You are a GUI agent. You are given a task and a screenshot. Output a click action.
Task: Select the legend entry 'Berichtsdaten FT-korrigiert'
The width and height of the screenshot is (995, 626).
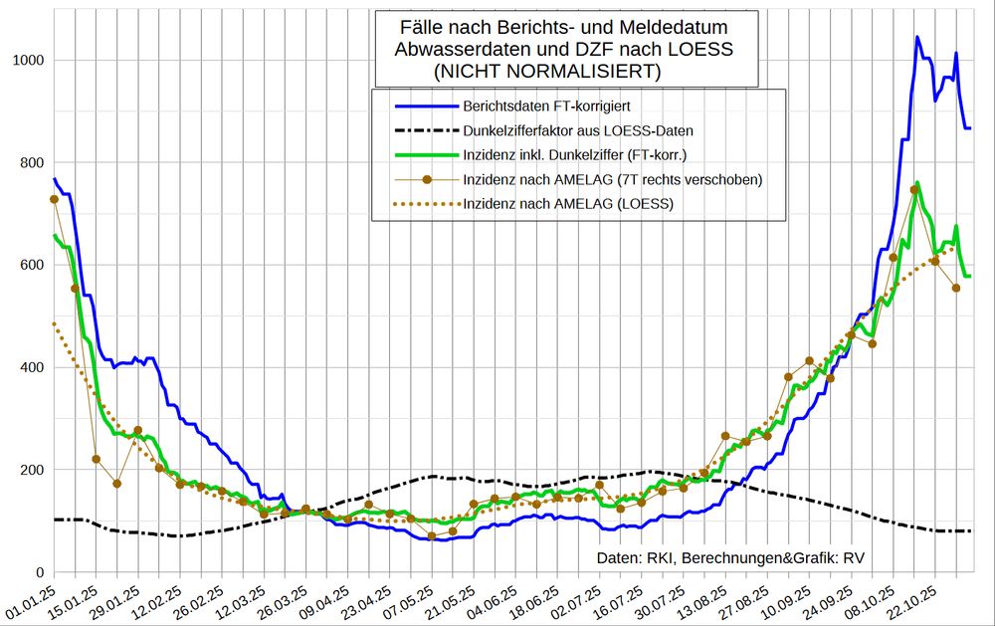point(546,104)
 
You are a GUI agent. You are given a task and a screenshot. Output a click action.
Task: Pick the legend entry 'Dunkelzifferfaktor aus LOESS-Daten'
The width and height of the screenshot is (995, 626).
point(578,129)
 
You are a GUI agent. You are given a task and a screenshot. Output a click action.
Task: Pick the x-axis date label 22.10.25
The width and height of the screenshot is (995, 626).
point(913,601)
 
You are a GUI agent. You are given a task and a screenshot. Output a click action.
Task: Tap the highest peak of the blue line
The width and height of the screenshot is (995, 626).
point(916,38)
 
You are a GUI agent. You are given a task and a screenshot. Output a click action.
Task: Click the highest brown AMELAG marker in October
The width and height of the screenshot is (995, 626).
point(914,190)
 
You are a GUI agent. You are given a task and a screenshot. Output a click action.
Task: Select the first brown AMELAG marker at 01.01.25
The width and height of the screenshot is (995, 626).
point(54,200)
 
